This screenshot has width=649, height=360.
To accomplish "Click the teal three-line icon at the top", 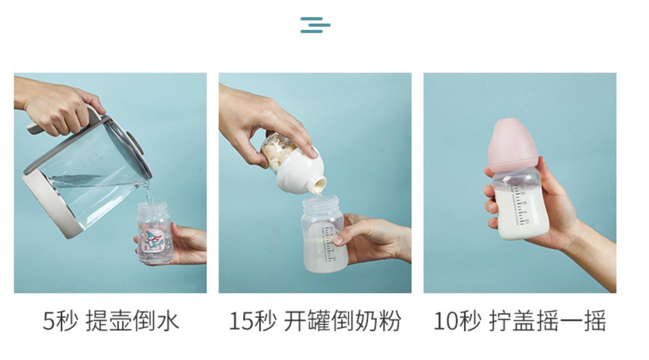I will pyautogui.click(x=315, y=25).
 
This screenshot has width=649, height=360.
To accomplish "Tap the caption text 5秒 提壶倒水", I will pyautogui.click(x=110, y=321).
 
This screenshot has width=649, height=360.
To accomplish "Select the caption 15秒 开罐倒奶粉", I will pyautogui.click(x=315, y=321).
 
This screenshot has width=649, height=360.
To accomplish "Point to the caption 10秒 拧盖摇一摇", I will pyautogui.click(x=519, y=321).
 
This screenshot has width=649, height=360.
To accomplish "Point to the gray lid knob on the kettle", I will pyautogui.click(x=135, y=143).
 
